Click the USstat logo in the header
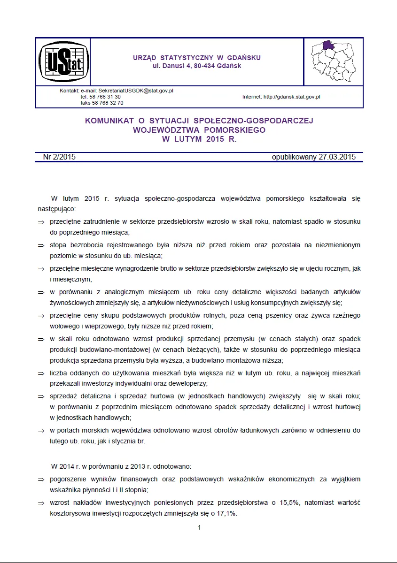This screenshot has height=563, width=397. click(x=62, y=61)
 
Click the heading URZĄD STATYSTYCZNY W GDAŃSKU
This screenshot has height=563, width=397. click(x=197, y=58)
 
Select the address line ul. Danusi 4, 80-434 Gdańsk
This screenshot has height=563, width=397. click(x=197, y=66)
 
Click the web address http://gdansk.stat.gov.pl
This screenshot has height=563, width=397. click(x=292, y=97)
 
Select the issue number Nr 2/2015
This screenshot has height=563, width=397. click(x=59, y=157)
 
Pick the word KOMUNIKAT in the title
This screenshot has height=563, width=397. click(x=109, y=121)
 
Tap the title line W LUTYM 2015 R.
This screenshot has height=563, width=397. click(x=199, y=139)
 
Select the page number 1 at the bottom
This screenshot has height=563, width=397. click(x=199, y=528)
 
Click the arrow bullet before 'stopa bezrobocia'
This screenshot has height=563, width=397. click(x=41, y=245)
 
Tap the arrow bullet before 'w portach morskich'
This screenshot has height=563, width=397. click(x=41, y=430)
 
